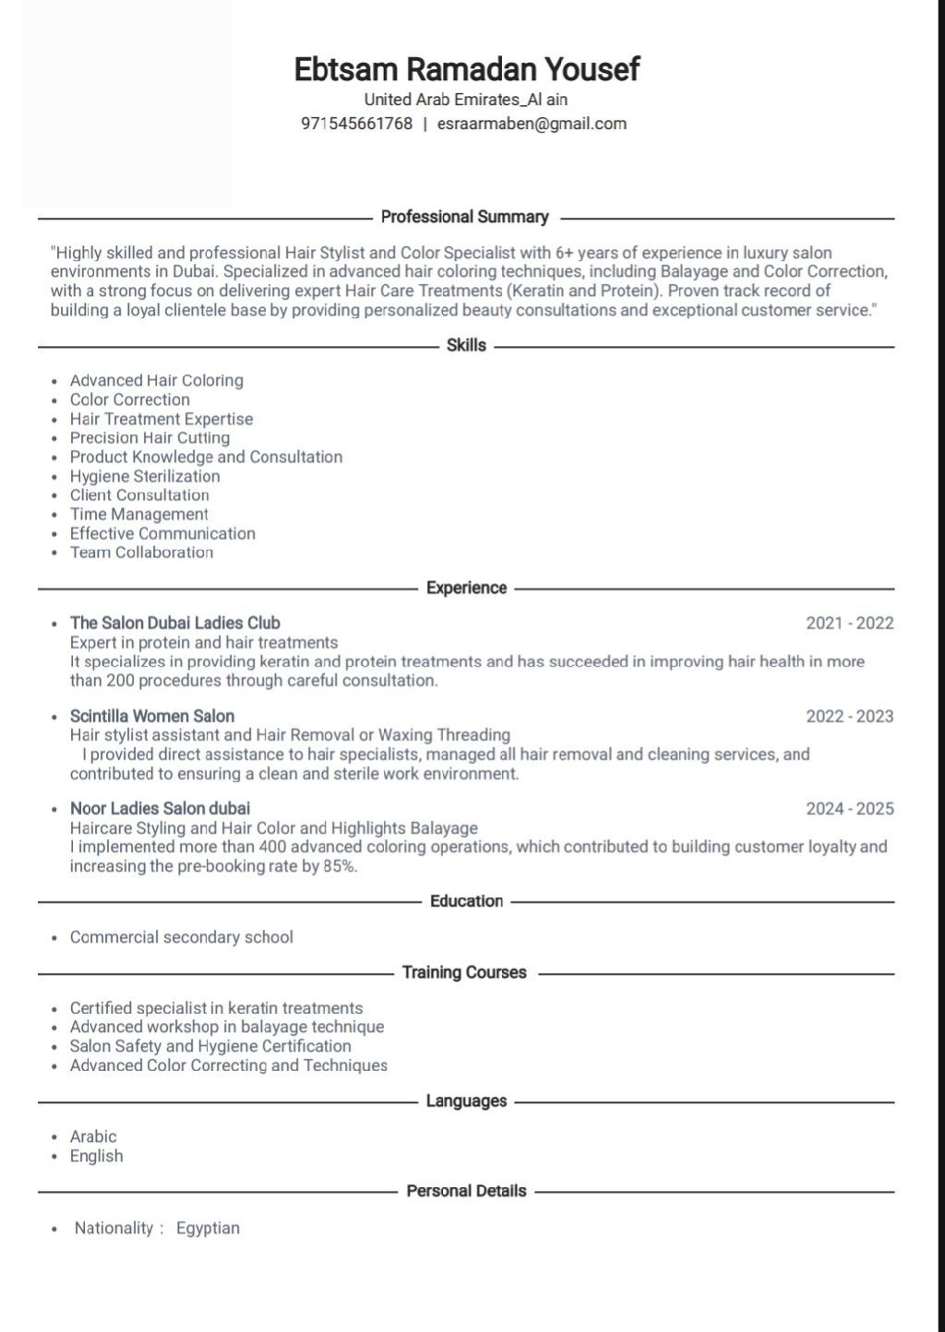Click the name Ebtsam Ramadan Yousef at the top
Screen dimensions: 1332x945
click(x=466, y=69)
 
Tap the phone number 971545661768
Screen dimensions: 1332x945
click(x=356, y=124)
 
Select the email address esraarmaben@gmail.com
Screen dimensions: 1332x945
click(x=532, y=124)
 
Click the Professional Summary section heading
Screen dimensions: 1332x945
click(x=464, y=218)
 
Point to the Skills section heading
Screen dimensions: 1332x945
click(x=466, y=346)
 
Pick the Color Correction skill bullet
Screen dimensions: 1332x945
click(x=130, y=399)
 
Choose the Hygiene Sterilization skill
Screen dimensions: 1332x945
click(x=145, y=476)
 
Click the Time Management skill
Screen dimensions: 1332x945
click(x=139, y=514)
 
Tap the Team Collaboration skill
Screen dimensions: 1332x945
click(x=141, y=553)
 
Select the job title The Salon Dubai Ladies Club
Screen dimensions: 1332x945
click(x=175, y=624)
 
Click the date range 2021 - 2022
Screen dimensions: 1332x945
click(x=849, y=624)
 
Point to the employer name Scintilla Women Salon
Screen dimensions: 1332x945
click(x=152, y=717)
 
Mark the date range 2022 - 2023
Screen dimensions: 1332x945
click(x=849, y=717)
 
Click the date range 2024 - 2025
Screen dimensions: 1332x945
click(x=849, y=809)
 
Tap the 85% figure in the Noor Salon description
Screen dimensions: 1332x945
click(x=339, y=867)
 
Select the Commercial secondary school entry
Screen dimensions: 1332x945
click(x=182, y=937)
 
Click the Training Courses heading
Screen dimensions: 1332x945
click(x=464, y=972)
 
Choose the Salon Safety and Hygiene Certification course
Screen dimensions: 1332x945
click(x=210, y=1046)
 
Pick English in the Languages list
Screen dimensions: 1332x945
click(x=96, y=1156)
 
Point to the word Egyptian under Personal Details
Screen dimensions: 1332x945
click(x=208, y=1229)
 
